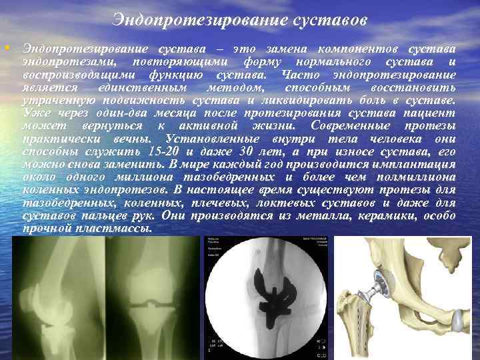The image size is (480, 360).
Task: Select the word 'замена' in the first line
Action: [289, 51]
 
